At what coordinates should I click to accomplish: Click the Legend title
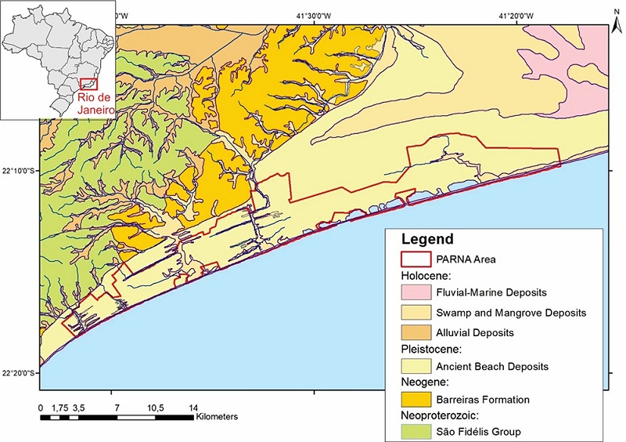427,238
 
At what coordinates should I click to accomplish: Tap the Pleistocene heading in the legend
427,348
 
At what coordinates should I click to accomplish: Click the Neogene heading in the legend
423,382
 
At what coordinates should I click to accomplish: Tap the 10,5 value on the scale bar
154,408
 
